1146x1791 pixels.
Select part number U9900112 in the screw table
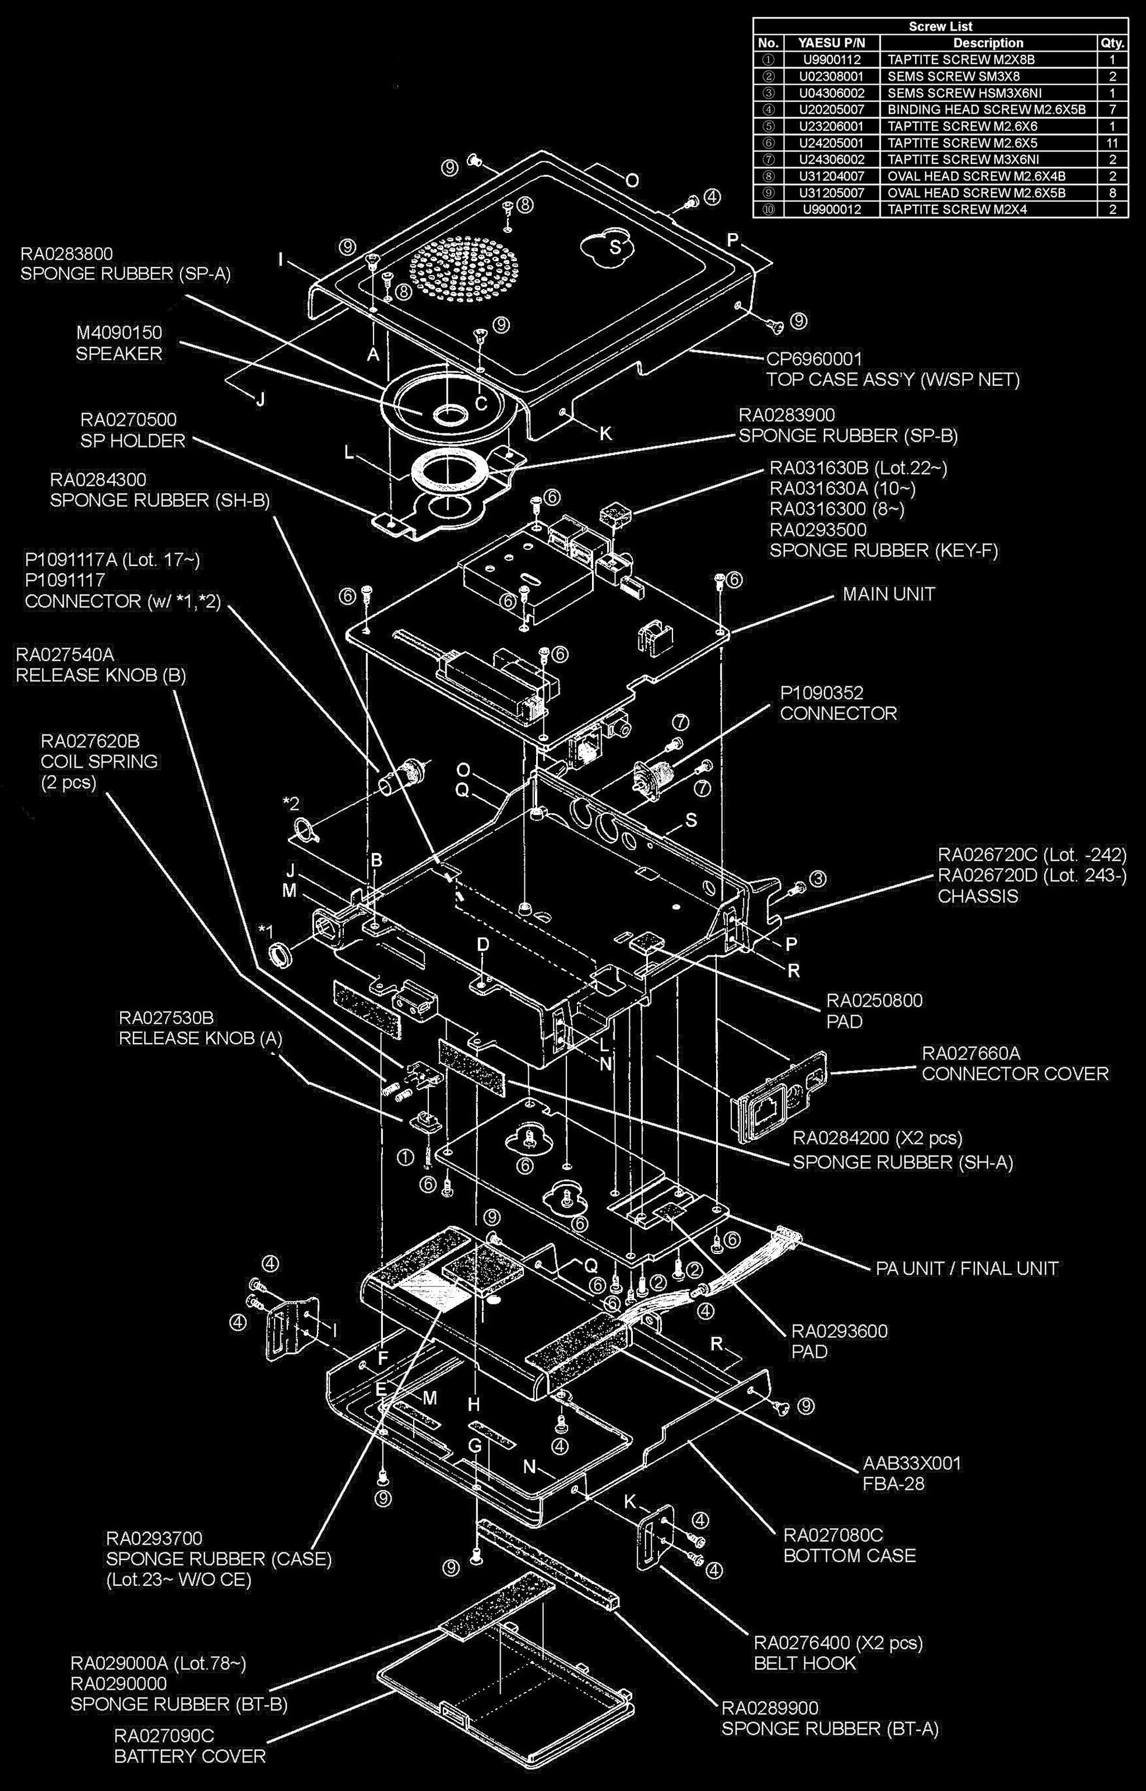click(831, 59)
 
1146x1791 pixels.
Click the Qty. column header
click(1112, 43)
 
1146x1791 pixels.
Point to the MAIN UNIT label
click(888, 594)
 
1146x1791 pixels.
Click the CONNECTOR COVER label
click(1015, 1073)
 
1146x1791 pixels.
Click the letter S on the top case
click(615, 247)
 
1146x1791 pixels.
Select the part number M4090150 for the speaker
click(119, 332)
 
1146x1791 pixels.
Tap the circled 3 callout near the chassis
click(818, 879)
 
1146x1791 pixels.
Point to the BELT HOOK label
click(805, 1663)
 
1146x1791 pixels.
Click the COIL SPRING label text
click(99, 761)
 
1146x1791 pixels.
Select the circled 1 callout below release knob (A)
click(405, 1157)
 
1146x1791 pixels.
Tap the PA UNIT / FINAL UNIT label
click(967, 1269)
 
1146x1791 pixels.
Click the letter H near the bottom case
click(474, 1404)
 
